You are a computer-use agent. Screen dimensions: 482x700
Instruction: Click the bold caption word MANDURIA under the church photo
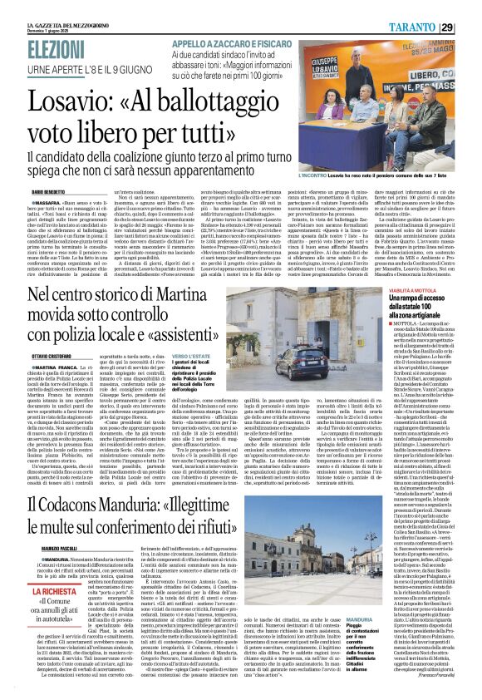tap(382, 643)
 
